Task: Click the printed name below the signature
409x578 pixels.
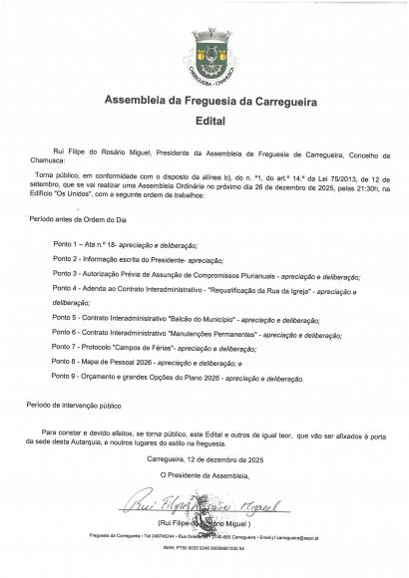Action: (204, 495)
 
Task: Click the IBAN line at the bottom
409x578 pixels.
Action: (204, 520)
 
